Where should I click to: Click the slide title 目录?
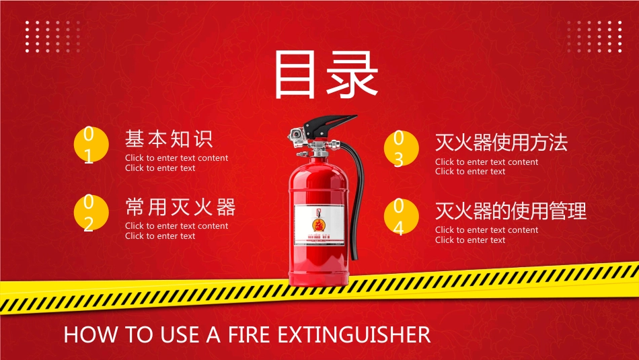[x=326, y=76]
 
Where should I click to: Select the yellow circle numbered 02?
[x=89, y=214]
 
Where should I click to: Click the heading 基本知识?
[x=169, y=139]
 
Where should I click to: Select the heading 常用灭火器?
[x=180, y=207]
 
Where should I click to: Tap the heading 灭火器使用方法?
[x=501, y=143]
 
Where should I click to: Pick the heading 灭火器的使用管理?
[x=511, y=211]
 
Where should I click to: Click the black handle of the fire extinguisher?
[x=330, y=125]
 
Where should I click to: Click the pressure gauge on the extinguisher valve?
[x=295, y=135]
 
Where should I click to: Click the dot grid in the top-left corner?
[x=52, y=36]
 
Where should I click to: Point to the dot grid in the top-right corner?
[x=594, y=36]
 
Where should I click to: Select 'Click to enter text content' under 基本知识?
[x=176, y=158]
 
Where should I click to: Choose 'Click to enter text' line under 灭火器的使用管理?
[x=469, y=240]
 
